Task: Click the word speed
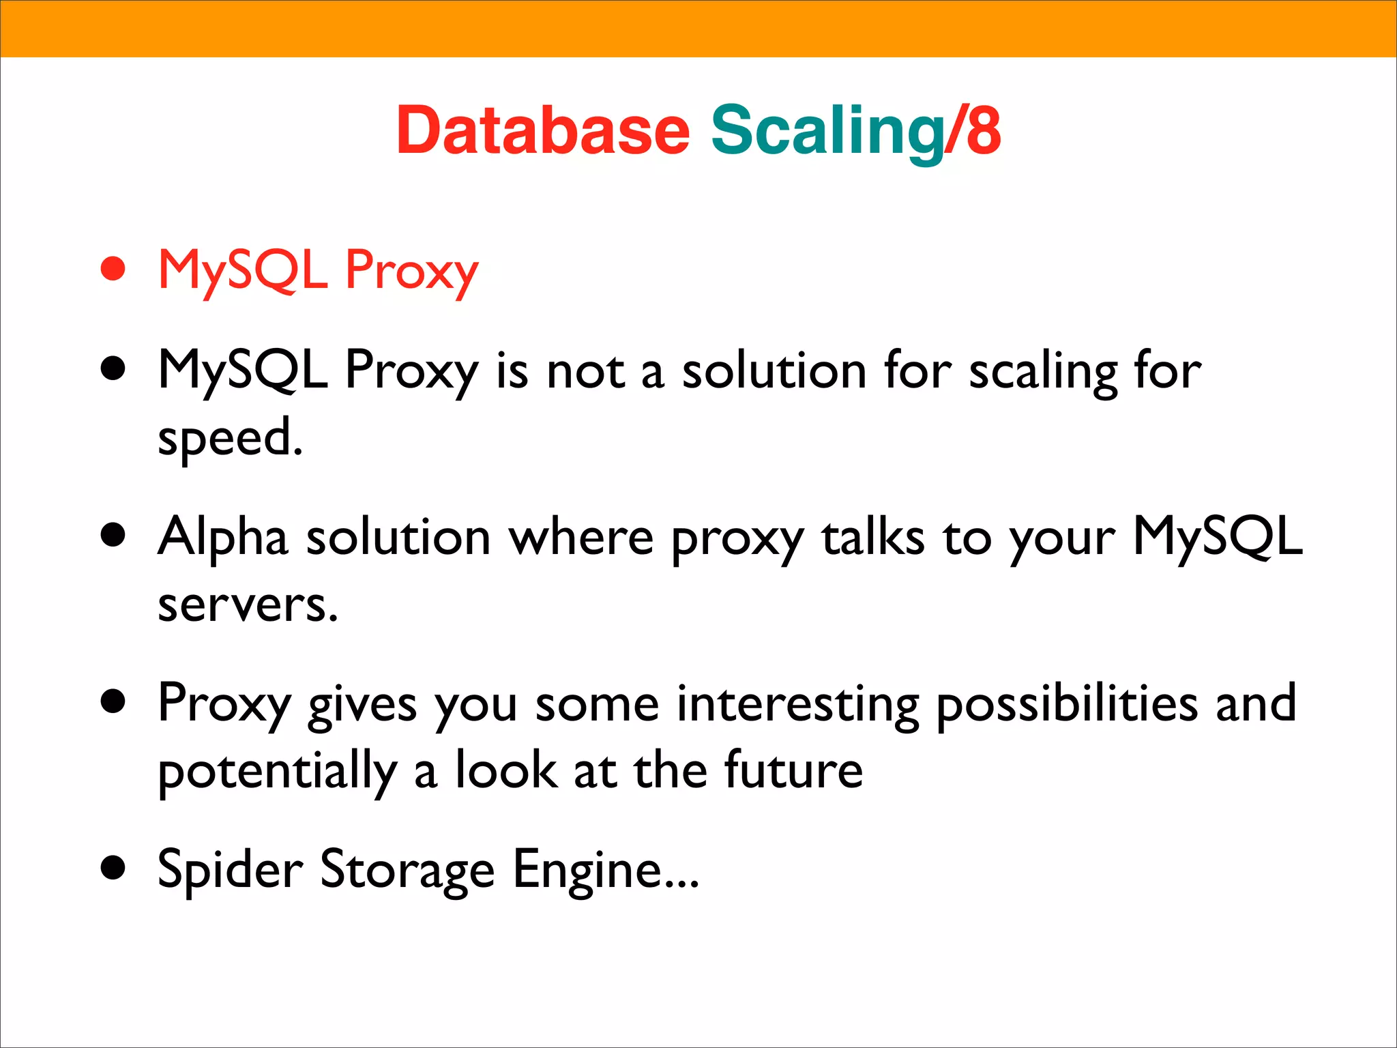229,437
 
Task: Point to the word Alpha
222,537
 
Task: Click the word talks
872,537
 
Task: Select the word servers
247,604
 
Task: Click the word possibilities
1066,703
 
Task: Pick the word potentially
277,771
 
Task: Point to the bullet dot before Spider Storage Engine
113,868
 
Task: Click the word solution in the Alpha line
398,537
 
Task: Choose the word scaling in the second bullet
1044,372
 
